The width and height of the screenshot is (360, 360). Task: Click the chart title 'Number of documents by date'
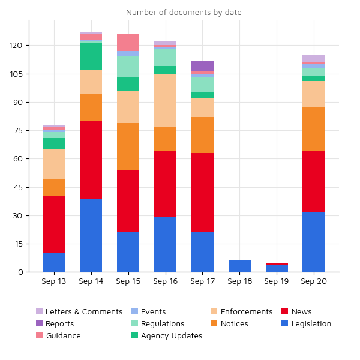(x=184, y=12)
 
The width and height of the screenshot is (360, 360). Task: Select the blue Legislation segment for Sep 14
(x=91, y=235)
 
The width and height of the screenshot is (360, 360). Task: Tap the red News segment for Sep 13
(x=54, y=225)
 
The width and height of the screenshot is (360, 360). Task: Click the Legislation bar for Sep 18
(x=239, y=266)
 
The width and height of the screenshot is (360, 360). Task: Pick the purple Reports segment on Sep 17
(x=202, y=65)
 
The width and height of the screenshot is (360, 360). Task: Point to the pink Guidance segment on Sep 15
(x=128, y=42)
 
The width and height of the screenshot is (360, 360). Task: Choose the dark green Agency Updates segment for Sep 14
(x=91, y=56)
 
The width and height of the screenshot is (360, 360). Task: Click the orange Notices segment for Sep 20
(x=314, y=130)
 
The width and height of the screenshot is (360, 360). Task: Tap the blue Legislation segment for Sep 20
(x=314, y=242)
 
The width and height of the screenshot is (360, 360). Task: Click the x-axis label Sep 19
(x=277, y=281)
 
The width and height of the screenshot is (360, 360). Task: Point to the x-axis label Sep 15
(x=128, y=281)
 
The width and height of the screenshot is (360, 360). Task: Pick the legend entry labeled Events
(x=153, y=312)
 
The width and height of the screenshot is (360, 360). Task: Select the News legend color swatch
(x=285, y=312)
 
